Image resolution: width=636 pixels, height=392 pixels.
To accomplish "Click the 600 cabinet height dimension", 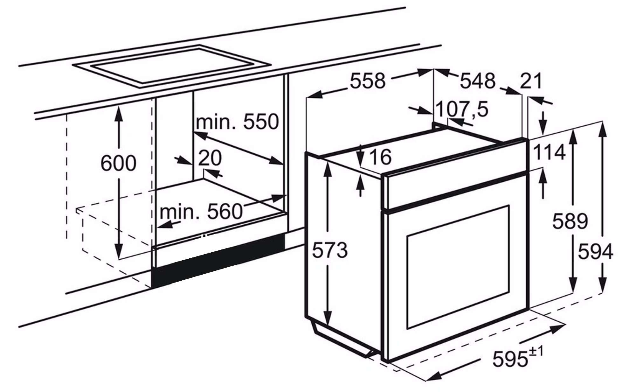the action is [118, 163].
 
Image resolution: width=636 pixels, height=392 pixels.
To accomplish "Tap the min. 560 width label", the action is [201, 212].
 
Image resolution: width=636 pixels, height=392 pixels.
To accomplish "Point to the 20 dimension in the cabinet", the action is [210, 158].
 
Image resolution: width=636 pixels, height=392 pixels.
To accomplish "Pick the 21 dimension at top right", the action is [531, 81].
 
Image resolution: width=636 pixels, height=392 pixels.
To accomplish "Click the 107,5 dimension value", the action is [462, 109].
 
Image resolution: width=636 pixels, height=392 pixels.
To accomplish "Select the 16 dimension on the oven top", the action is [380, 157].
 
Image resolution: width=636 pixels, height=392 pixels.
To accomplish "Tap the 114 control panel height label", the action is [549, 152].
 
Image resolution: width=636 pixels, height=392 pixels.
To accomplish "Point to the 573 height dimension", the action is [330, 250].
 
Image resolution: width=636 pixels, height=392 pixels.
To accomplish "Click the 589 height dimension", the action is [570, 221].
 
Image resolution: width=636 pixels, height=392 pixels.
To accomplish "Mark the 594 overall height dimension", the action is [595, 252].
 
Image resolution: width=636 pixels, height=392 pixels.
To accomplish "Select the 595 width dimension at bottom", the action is [510, 359].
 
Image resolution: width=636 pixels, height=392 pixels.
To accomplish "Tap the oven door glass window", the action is [458, 267].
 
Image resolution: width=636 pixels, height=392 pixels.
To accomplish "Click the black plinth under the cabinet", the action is [218, 260].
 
